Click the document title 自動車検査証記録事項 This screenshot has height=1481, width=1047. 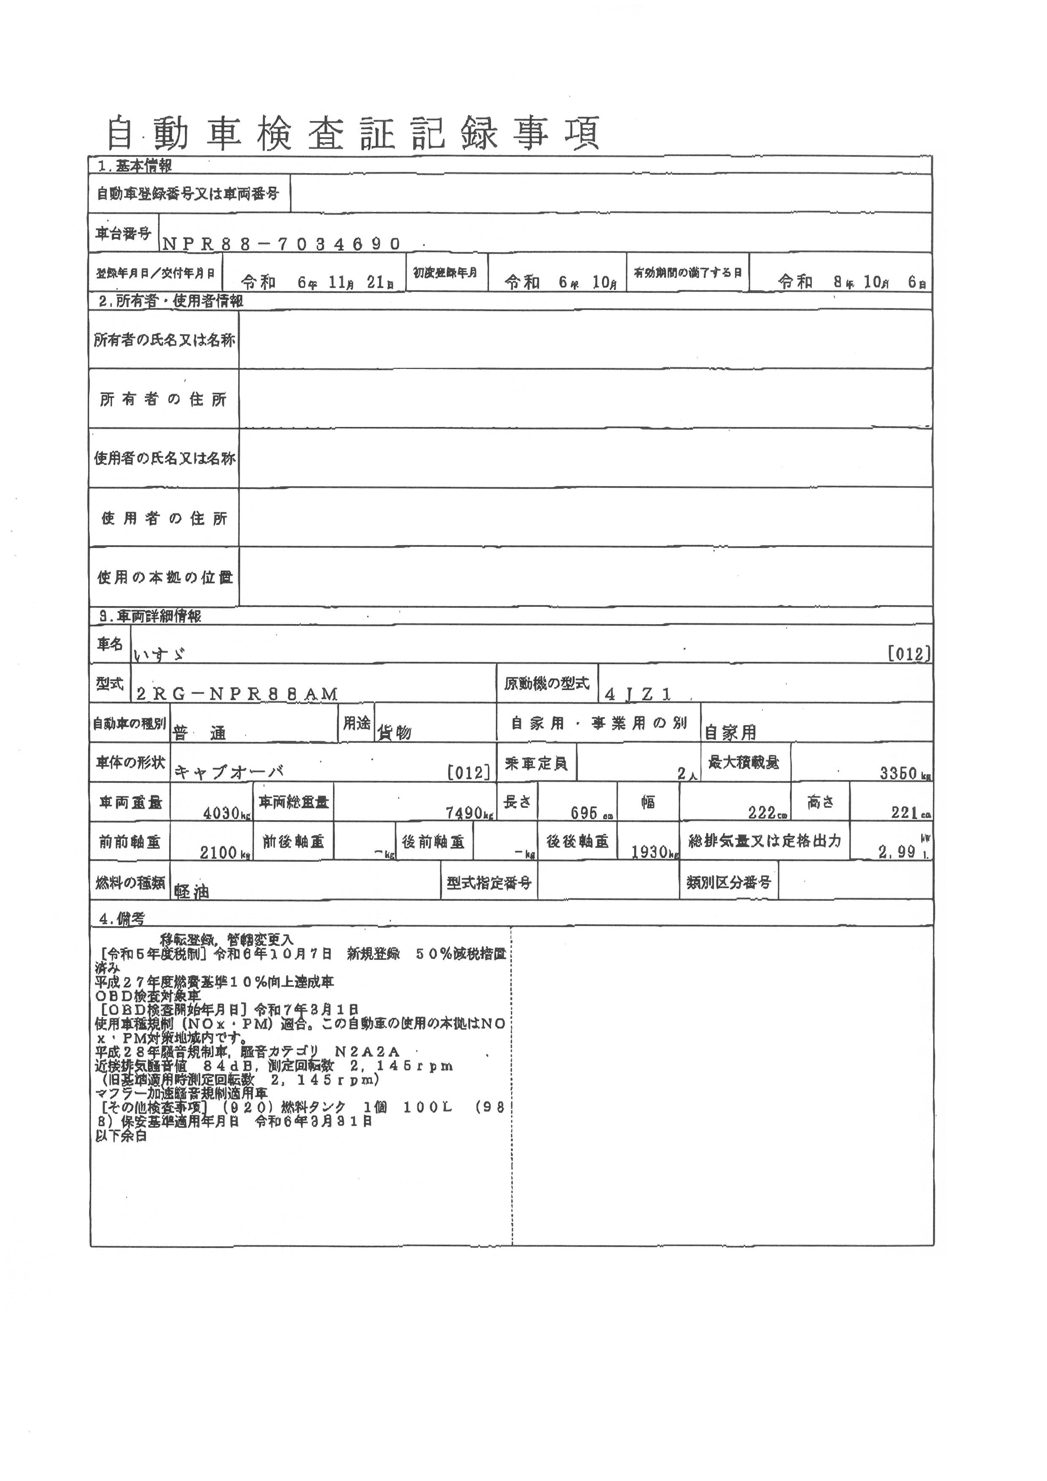(353, 133)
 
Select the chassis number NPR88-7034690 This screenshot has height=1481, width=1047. (281, 243)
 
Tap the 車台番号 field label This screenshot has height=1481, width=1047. (123, 234)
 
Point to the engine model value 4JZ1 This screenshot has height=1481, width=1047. (638, 694)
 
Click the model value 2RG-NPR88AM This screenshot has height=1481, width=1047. (237, 694)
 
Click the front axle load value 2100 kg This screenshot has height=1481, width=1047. (219, 853)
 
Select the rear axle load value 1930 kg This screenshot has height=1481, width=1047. (649, 853)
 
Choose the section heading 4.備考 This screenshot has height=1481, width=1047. (121, 920)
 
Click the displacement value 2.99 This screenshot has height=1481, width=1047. (897, 852)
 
